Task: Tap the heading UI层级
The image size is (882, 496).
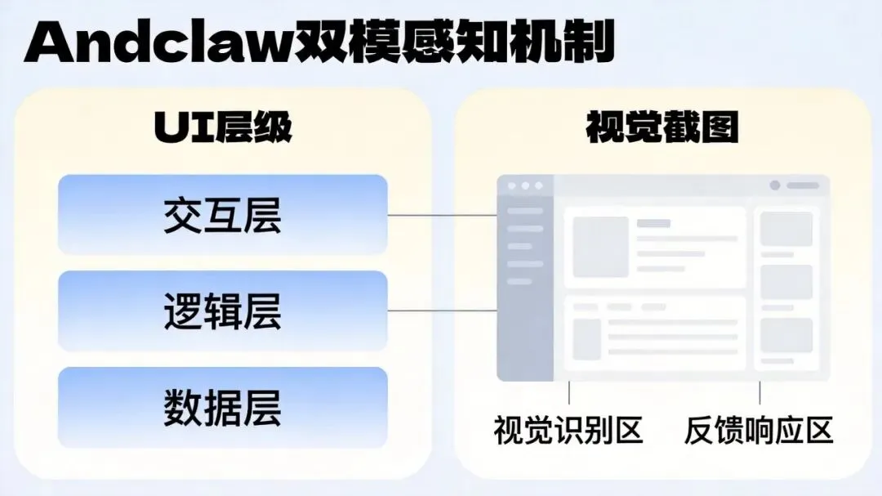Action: point(222,128)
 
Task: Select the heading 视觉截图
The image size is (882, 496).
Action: point(662,128)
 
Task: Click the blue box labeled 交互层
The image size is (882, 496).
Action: point(222,215)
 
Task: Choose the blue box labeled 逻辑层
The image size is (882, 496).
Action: point(222,311)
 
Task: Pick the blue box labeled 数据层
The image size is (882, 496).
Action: point(222,407)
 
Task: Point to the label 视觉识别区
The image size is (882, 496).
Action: point(568,429)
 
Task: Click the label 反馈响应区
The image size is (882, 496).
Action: point(759,429)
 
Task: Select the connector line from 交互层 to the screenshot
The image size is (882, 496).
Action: point(442,216)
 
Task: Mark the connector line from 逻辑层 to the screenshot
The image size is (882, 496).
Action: point(442,311)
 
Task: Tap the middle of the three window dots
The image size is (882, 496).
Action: point(524,186)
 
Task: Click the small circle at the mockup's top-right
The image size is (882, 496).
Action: point(774,185)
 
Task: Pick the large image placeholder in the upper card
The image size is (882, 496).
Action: point(600,247)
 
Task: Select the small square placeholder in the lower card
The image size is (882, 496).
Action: point(586,338)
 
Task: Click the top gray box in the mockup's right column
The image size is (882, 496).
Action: point(786,229)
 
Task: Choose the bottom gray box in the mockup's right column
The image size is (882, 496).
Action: point(786,335)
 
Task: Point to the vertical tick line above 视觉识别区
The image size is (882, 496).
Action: point(569,393)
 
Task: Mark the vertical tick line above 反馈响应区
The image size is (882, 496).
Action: point(759,393)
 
